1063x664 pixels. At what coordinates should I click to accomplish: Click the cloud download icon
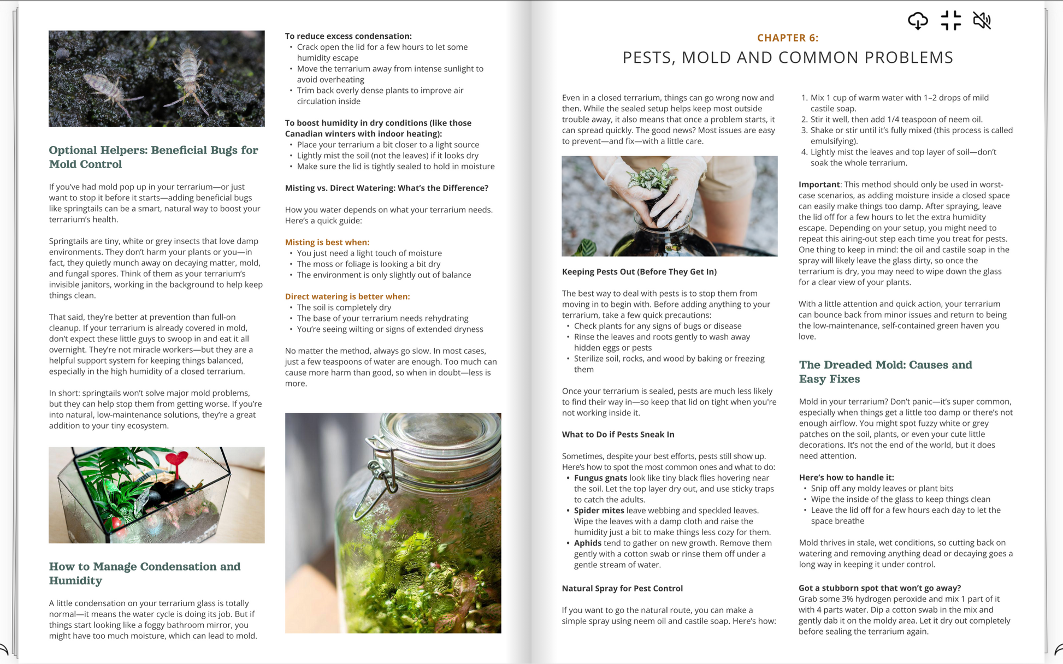click(918, 21)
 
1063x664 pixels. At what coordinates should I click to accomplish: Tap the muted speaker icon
click(982, 21)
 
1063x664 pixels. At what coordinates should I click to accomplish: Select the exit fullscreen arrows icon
click(950, 21)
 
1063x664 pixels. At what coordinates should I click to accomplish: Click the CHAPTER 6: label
click(787, 38)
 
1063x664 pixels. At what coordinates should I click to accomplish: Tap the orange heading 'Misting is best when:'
click(327, 242)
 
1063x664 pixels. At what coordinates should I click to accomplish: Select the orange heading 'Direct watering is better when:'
click(347, 297)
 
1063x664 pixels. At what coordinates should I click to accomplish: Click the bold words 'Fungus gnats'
click(600, 478)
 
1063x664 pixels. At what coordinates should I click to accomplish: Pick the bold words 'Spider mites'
click(599, 511)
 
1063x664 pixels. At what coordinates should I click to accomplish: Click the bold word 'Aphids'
click(587, 543)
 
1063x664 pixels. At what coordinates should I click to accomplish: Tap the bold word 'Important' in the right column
click(819, 185)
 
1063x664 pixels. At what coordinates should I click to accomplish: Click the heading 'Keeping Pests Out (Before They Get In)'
click(639, 271)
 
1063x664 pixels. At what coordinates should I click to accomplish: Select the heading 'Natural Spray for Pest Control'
click(622, 588)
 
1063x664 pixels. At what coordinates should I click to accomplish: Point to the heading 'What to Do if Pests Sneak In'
click(618, 435)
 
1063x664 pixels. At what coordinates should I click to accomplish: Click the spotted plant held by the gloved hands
click(651, 180)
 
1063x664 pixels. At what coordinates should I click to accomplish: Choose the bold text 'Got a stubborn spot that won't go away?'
click(879, 588)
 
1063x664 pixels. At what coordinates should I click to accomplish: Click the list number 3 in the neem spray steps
click(804, 131)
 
